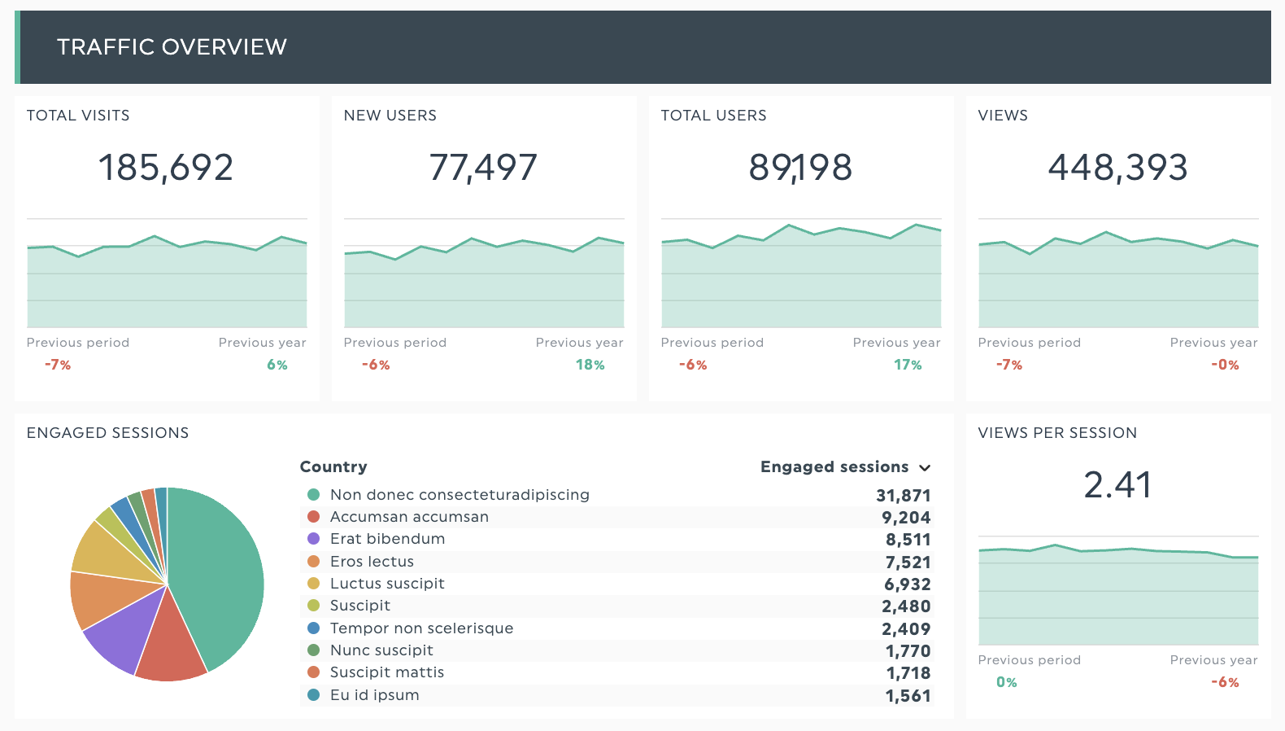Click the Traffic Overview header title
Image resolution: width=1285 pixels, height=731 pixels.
pos(172,47)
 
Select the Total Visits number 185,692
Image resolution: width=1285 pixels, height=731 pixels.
pos(166,168)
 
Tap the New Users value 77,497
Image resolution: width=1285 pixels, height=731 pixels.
pos(483,168)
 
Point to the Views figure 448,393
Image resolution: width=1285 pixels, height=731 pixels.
pos(1117,168)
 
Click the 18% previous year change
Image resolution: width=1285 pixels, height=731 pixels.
pos(590,365)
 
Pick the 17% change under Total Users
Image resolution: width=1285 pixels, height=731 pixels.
pos(908,365)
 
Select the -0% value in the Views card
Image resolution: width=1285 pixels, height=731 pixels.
pos(1225,365)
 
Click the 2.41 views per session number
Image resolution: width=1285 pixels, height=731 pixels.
pos(1117,485)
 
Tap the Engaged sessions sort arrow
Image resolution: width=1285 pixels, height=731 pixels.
pos(925,468)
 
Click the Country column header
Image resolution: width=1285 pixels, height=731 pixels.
pos(333,467)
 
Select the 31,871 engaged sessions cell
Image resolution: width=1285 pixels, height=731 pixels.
pos(903,496)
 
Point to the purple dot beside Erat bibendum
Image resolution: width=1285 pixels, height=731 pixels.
pos(313,539)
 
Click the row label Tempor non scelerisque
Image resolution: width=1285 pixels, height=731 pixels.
pos(421,628)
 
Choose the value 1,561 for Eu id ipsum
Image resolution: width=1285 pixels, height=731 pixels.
pos(908,696)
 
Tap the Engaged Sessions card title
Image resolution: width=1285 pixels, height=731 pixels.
pos(107,433)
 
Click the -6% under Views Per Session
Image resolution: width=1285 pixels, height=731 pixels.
pos(1225,683)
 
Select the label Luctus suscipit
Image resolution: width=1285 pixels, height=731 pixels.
pos(387,584)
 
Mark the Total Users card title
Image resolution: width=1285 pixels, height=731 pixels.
pos(713,116)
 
